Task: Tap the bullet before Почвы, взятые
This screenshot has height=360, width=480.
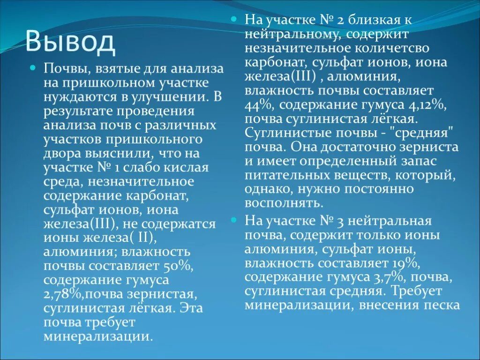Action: click(x=32, y=68)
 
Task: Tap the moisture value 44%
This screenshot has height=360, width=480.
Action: click(x=255, y=105)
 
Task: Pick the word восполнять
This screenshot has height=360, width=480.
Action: click(x=284, y=203)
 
